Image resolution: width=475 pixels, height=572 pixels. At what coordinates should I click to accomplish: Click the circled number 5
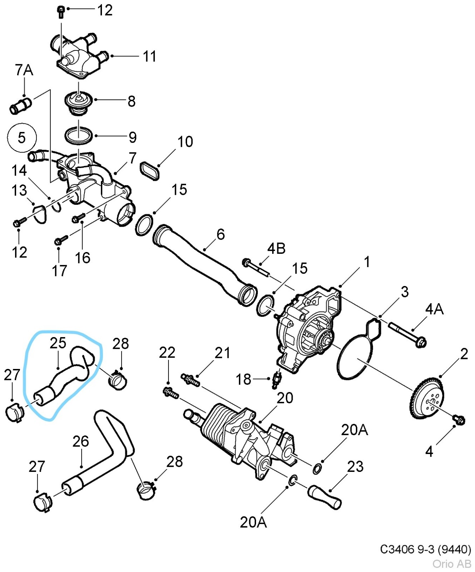[22, 138]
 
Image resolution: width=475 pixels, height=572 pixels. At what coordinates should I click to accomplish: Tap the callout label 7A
[24, 70]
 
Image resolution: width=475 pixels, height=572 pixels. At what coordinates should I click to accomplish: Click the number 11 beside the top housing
[150, 56]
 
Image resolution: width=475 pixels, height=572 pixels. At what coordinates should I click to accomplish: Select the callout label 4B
[276, 248]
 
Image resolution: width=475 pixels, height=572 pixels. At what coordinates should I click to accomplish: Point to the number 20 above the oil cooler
[285, 398]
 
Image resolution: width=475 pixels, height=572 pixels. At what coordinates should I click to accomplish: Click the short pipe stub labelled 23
[324, 497]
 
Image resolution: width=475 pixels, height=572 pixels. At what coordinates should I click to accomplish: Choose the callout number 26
[80, 442]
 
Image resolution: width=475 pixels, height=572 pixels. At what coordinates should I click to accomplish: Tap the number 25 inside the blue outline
[58, 343]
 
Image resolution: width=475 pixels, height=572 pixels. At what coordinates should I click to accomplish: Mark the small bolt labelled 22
[171, 393]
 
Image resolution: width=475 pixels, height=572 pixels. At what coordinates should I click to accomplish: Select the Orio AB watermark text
[451, 564]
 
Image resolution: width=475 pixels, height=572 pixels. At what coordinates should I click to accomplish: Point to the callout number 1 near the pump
[367, 262]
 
